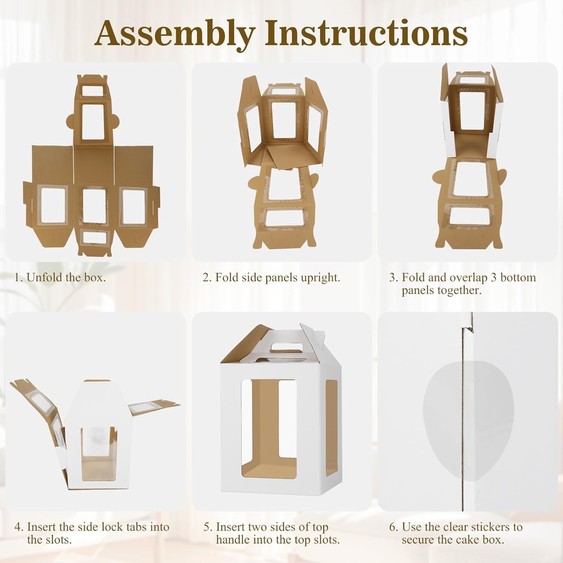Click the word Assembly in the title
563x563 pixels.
click(x=174, y=34)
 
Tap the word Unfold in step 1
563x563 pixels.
click(x=45, y=278)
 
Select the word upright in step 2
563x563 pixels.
click(x=320, y=278)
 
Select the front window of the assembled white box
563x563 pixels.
click(x=269, y=427)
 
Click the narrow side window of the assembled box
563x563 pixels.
click(x=332, y=427)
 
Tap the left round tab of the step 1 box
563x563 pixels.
click(x=70, y=121)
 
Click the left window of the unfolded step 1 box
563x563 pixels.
click(x=53, y=206)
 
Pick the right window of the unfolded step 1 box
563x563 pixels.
click(x=133, y=206)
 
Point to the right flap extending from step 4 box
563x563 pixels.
click(x=153, y=407)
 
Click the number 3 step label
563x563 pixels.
click(x=393, y=278)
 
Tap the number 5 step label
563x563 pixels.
click(x=207, y=527)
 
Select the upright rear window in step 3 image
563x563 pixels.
click(x=472, y=111)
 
